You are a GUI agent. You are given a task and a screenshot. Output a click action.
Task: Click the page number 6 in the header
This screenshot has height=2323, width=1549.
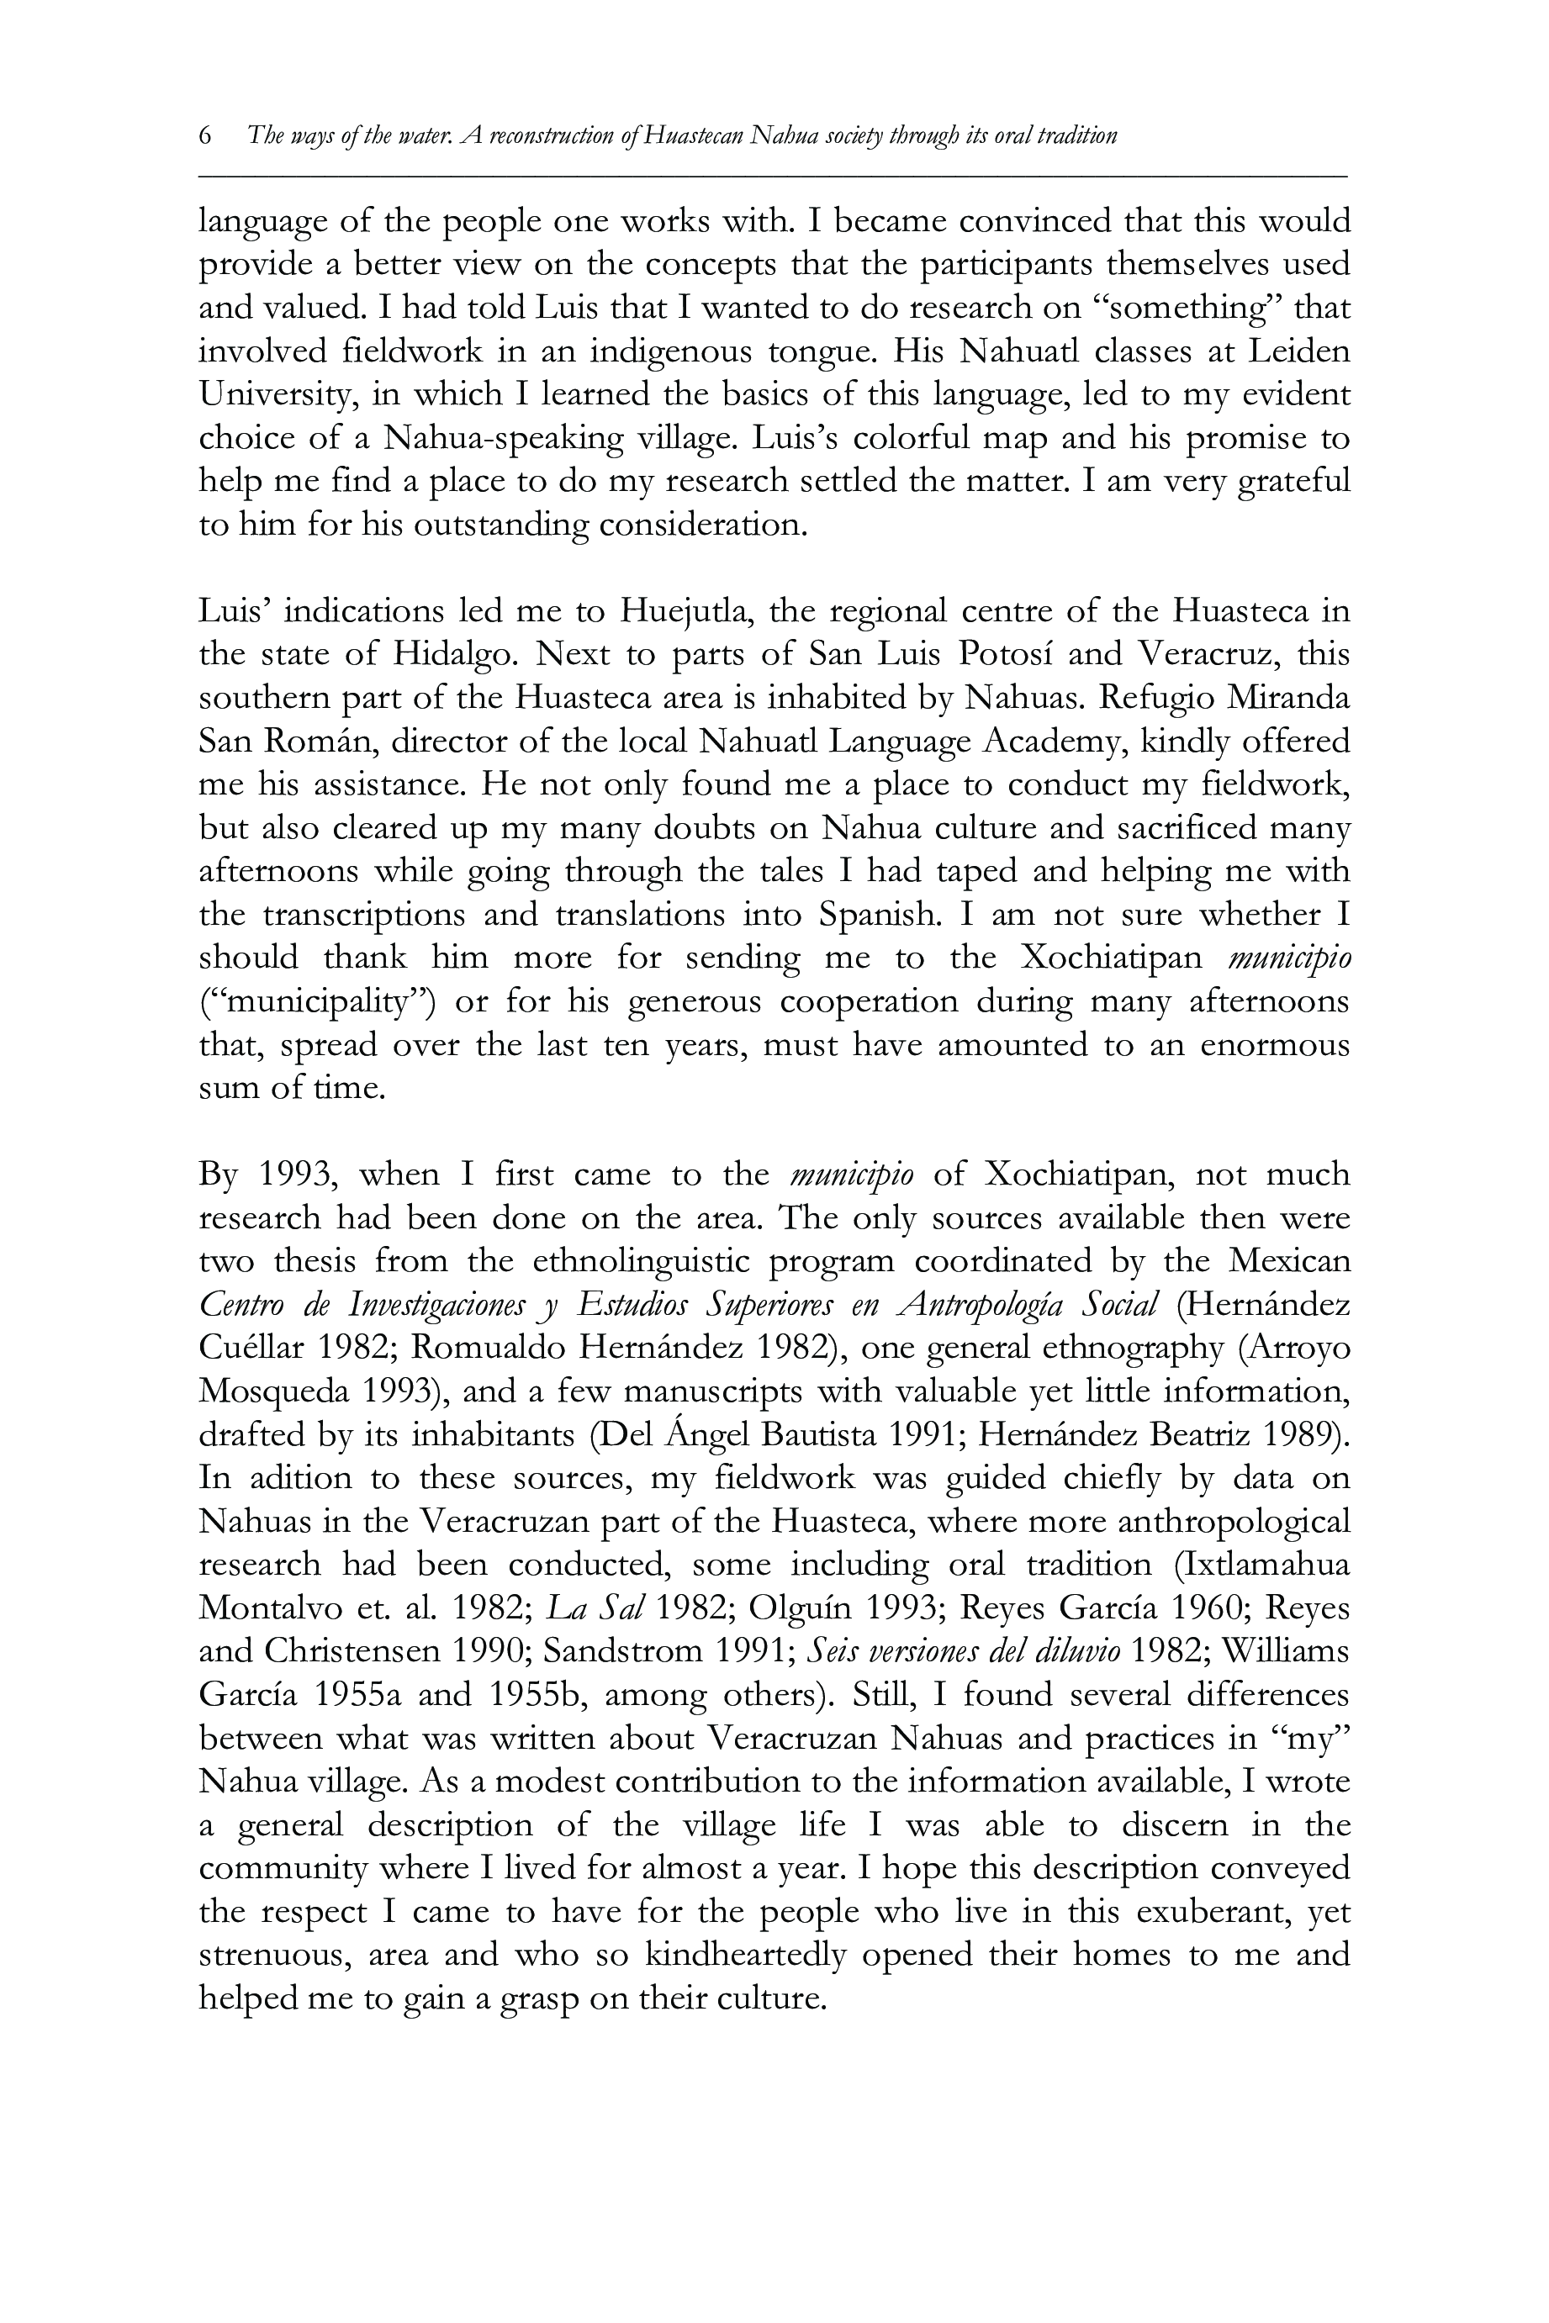(205, 135)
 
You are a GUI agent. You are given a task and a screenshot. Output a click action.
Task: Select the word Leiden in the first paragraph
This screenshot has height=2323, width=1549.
(1297, 351)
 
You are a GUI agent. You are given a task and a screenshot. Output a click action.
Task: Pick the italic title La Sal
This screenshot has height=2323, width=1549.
(595, 1608)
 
